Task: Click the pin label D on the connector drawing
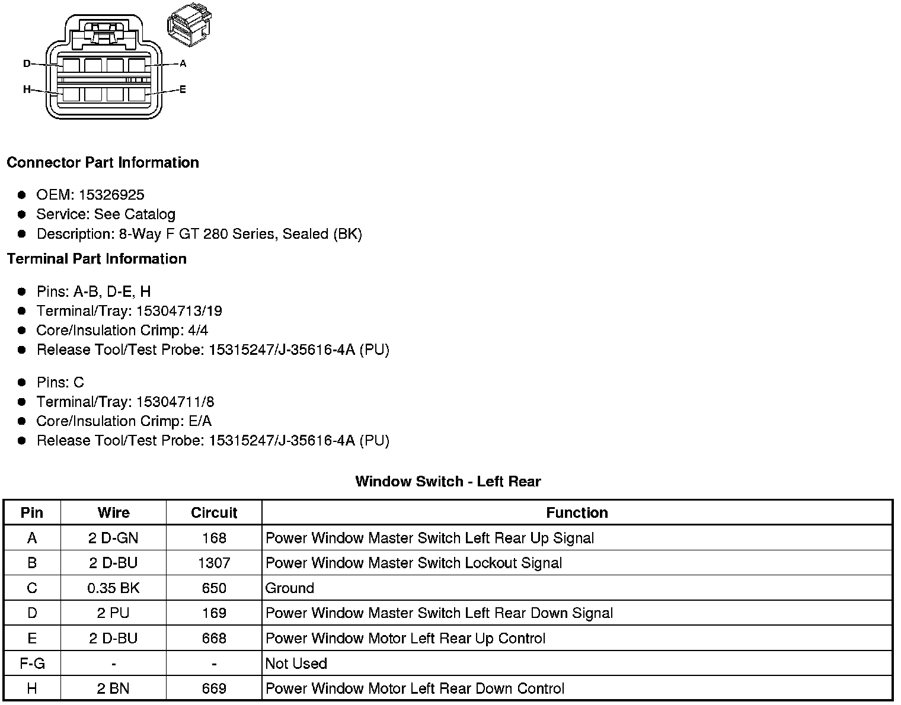pos(27,63)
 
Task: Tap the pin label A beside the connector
pos(183,63)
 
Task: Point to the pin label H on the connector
pos(27,89)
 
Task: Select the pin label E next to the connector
pos(183,89)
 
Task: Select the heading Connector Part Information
pos(103,162)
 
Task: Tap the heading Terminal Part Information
pos(97,259)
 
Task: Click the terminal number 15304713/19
pos(179,311)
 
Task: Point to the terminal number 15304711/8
pos(175,402)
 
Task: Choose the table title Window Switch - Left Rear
pos(448,481)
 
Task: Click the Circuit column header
pos(214,513)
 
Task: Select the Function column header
pos(577,513)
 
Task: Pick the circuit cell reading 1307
pos(214,563)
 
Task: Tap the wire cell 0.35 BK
pos(113,588)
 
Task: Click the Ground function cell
pos(290,588)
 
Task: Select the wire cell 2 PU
pos(113,613)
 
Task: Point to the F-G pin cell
pos(32,664)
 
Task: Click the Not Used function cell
pos(296,664)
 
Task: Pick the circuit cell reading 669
pos(214,688)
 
